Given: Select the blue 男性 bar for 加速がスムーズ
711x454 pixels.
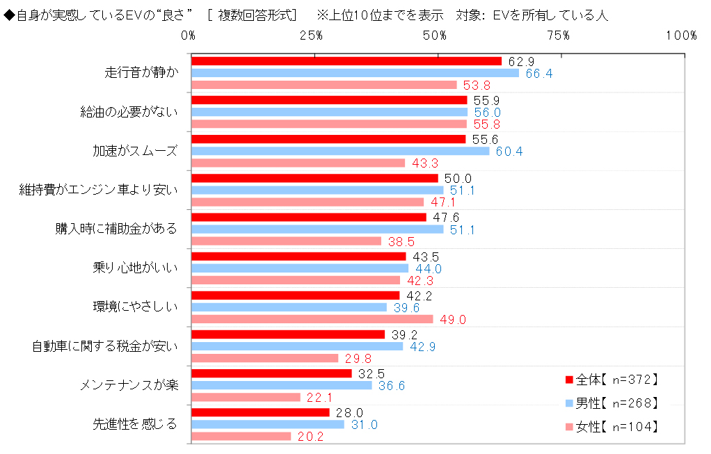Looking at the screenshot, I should click(340, 151).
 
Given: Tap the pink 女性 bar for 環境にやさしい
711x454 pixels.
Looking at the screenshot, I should click(312, 319).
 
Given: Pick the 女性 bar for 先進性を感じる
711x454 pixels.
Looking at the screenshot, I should click(241, 436).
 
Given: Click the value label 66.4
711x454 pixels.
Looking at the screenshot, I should click(538, 74).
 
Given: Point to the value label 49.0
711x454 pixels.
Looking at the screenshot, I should click(452, 320).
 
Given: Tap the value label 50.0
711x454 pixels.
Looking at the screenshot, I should click(458, 178).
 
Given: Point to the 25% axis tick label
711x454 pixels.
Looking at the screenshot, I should click(312, 35).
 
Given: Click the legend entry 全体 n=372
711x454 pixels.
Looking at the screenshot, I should click(612, 380).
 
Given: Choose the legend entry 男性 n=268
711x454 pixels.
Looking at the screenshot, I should click(612, 403).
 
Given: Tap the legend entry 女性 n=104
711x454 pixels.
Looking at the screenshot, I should click(612, 426).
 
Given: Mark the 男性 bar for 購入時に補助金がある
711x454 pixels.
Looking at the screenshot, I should click(317, 229).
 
